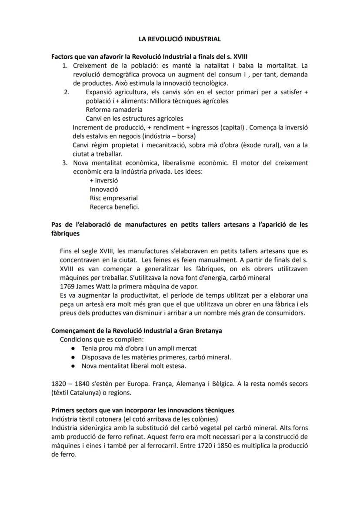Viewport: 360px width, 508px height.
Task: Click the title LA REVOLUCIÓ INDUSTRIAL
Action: coord(180,39)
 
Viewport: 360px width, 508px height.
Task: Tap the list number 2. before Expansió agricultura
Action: coord(67,93)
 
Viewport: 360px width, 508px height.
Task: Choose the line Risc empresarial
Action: coord(113,198)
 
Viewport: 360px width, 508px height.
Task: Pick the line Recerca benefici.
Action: coord(114,207)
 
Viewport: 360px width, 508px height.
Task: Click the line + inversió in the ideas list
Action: coord(103,180)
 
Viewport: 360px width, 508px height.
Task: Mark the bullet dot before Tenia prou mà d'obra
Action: coord(73,349)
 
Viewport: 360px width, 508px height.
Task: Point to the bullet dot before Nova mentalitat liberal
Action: coord(73,366)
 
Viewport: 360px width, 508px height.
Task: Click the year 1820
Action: coord(59,384)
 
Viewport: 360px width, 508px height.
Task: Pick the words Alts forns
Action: coord(294,428)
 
